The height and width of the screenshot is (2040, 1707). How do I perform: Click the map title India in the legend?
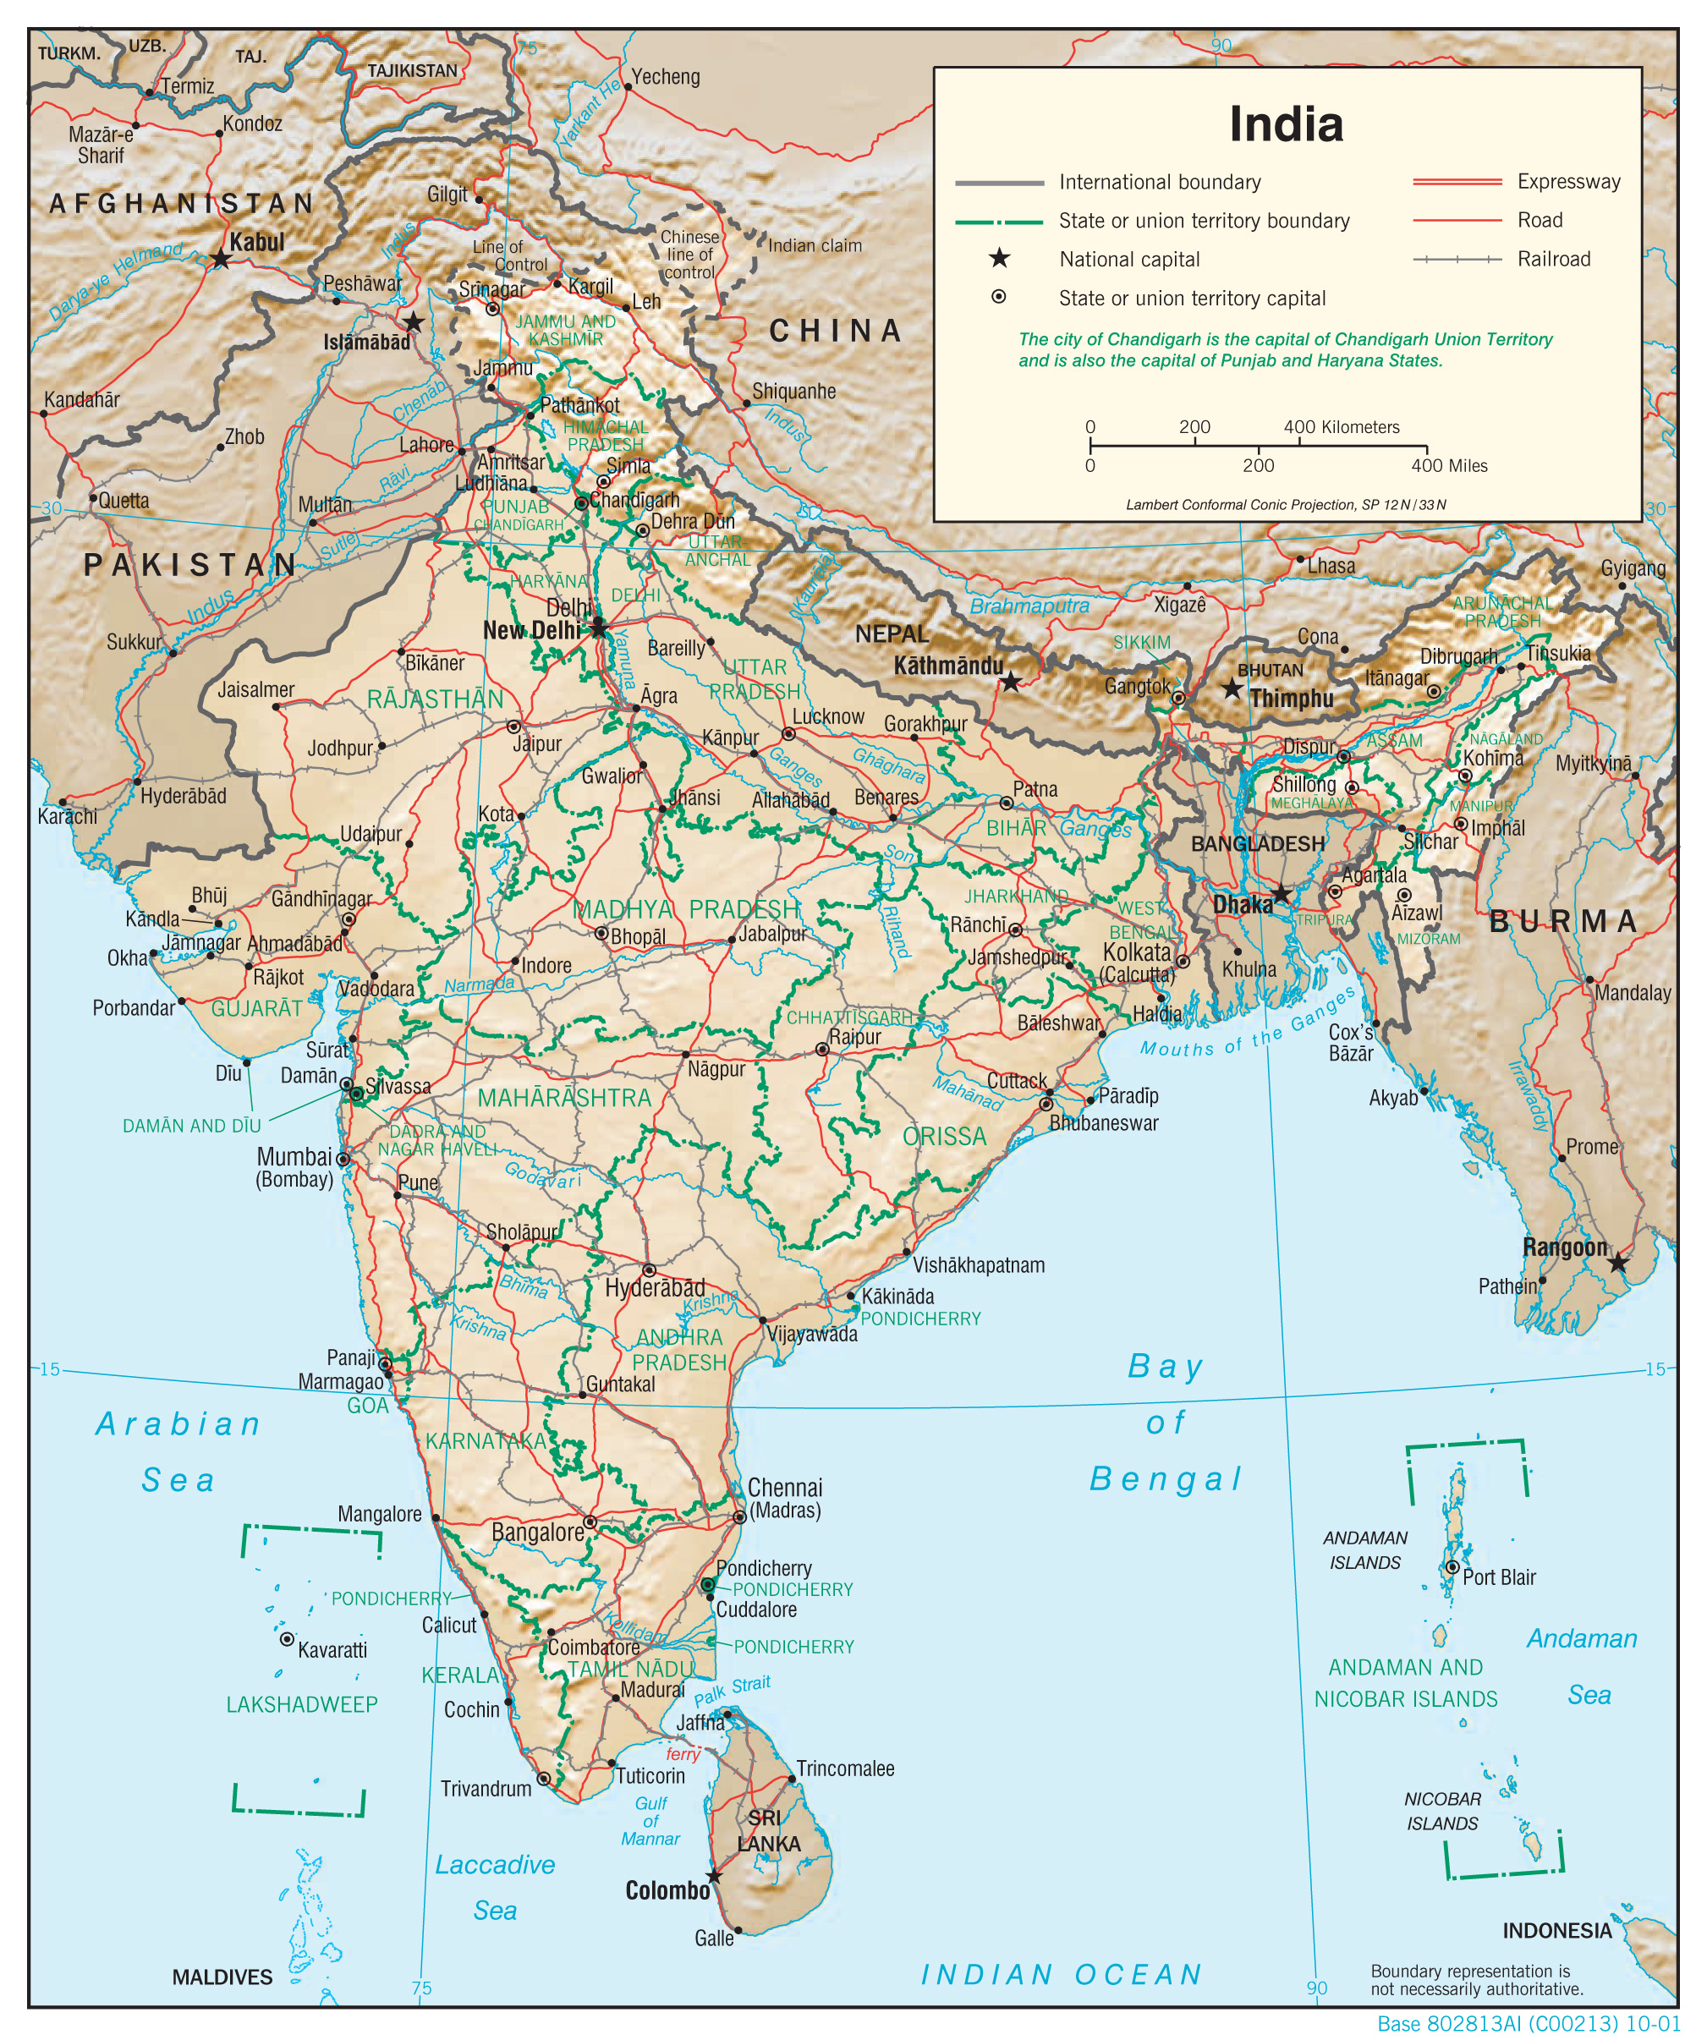(x=1286, y=124)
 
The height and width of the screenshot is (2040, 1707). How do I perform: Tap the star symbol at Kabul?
(x=221, y=260)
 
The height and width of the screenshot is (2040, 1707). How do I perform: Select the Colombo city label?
(x=667, y=1890)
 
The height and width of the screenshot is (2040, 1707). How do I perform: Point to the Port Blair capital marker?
(x=1452, y=1567)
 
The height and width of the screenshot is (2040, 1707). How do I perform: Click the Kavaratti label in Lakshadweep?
(x=332, y=1649)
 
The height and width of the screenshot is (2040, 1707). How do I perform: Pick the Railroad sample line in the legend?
(x=1457, y=260)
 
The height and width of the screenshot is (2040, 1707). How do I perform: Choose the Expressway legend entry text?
(x=1568, y=182)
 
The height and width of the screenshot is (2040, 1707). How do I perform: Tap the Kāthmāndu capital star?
(x=1010, y=682)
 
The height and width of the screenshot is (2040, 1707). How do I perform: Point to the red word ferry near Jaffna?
(x=683, y=1753)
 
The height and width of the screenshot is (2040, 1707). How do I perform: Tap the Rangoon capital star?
(x=1617, y=1263)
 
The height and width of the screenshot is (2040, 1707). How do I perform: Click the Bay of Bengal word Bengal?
(x=1165, y=1478)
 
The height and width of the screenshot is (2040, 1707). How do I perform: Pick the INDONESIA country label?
(x=1556, y=1930)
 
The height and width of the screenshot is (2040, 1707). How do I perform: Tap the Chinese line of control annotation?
(x=689, y=255)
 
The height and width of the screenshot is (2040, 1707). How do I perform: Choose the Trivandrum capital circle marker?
(x=544, y=1779)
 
